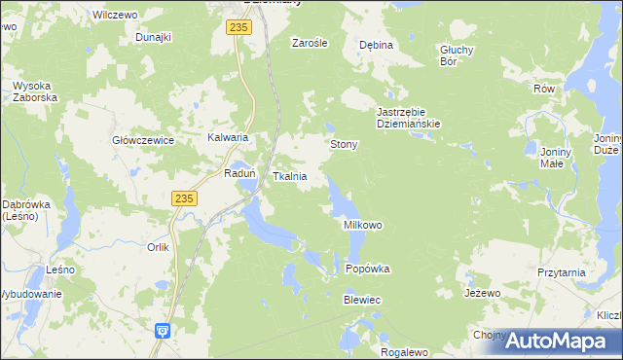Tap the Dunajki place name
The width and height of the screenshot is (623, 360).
click(154, 37)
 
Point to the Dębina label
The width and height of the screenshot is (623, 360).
click(376, 45)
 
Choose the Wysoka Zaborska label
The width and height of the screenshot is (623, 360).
click(36, 91)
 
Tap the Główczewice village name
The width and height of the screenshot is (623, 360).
click(143, 140)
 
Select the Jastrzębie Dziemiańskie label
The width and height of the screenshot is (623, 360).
click(409, 118)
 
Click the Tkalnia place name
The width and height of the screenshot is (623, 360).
click(290, 176)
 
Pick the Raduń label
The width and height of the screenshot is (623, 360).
click(239, 173)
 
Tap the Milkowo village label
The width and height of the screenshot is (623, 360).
click(363, 225)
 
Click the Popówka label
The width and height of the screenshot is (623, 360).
click(368, 269)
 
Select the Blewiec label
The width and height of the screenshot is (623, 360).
click(361, 301)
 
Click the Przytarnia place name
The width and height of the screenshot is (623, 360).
click(561, 273)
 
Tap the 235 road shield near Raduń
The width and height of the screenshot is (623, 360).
click(185, 198)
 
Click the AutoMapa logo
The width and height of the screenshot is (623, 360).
click(559, 340)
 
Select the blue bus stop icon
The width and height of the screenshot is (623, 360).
click(163, 331)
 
